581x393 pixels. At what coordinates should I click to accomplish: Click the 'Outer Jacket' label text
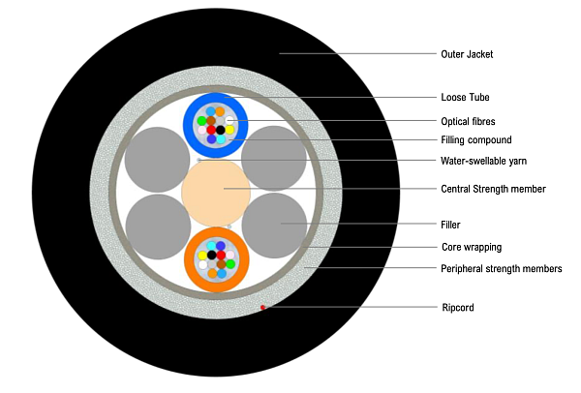tap(467, 54)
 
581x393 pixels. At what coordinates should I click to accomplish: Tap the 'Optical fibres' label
tap(469, 120)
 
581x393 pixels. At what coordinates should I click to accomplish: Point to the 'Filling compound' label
tap(474, 139)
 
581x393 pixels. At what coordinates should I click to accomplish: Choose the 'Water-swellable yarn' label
tap(483, 160)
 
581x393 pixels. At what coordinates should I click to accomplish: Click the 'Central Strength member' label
tap(493, 188)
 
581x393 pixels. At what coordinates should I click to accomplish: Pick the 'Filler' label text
tap(450, 225)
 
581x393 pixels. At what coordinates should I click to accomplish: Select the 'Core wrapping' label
tap(471, 247)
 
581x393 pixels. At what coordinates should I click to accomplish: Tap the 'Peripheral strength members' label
tap(501, 268)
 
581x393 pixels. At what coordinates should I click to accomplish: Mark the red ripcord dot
tap(262, 307)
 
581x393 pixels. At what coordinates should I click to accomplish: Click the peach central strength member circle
tap(216, 190)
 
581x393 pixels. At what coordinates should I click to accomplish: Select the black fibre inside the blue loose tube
tap(221, 130)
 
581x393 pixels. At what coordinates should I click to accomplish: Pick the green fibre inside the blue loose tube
tap(201, 121)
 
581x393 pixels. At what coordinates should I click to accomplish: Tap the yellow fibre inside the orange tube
tap(202, 256)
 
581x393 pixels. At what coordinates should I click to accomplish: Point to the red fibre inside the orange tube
tap(221, 256)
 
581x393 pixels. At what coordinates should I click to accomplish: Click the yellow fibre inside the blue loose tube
tap(230, 130)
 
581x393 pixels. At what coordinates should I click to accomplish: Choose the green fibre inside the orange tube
tap(230, 263)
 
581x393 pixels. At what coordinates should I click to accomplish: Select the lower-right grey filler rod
tap(274, 225)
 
